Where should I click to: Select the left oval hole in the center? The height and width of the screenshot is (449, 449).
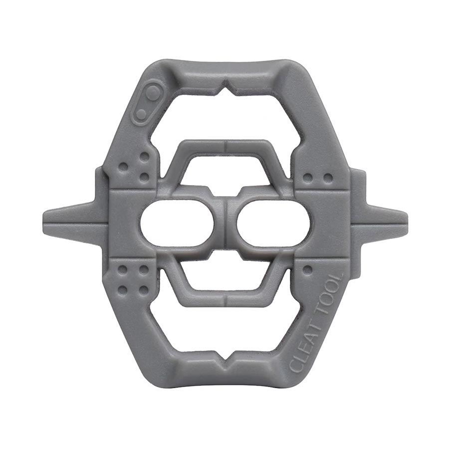pyautogui.click(x=177, y=224)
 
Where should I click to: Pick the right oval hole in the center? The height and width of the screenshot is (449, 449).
pyautogui.click(x=271, y=224)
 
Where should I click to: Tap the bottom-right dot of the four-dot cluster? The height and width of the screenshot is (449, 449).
pyautogui.click(x=144, y=289)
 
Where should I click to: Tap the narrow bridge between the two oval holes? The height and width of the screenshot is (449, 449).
pyautogui.click(x=224, y=224)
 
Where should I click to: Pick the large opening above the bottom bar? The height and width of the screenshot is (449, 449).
pyautogui.click(x=224, y=329)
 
